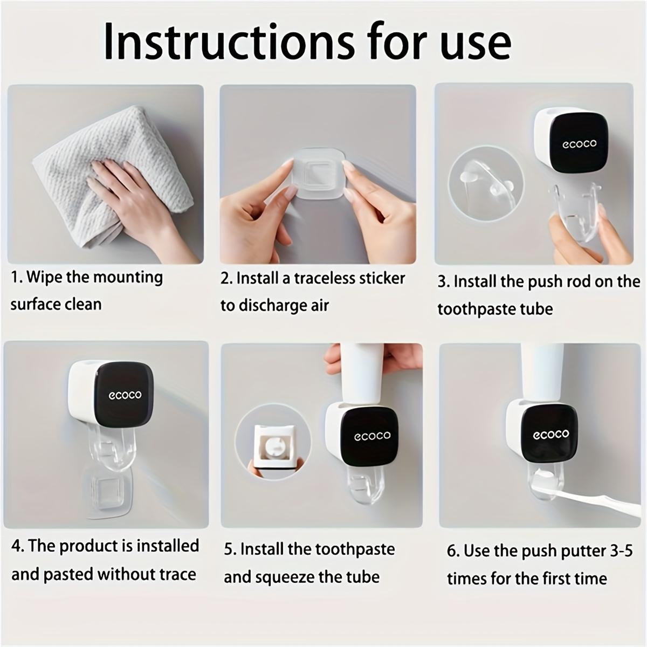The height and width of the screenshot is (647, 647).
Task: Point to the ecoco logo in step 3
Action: tap(580, 143)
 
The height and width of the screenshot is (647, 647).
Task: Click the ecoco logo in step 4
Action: tap(125, 395)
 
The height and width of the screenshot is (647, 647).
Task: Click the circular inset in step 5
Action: tap(273, 443)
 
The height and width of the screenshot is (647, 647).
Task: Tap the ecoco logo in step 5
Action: tap(372, 435)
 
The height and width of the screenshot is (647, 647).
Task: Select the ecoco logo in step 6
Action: tap(550, 434)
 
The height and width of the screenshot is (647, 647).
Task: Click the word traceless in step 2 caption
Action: tap(320, 278)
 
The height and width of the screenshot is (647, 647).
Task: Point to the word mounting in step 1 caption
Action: tap(128, 277)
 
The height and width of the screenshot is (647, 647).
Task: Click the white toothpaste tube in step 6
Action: tap(542, 372)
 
